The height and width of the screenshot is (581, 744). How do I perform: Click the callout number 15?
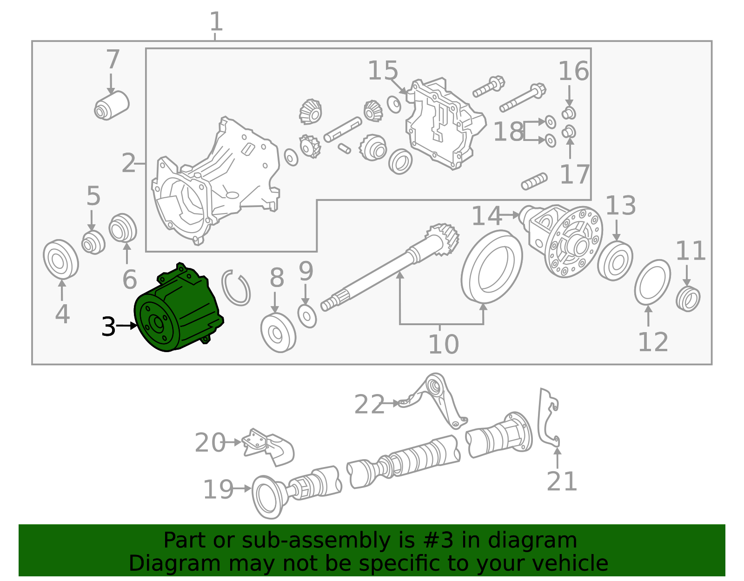click(383, 71)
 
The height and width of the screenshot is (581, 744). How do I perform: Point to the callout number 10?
click(443, 344)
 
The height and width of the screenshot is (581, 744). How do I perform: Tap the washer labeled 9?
click(307, 316)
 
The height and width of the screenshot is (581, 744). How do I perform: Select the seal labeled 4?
click(60, 260)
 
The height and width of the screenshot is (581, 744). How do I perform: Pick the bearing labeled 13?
click(615, 261)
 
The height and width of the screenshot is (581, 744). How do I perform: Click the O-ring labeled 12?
click(652, 282)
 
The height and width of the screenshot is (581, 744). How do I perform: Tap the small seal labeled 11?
click(688, 299)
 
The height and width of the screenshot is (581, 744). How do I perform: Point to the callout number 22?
click(369, 404)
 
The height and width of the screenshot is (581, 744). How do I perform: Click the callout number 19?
click(218, 489)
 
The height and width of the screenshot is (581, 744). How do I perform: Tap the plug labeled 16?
click(569, 113)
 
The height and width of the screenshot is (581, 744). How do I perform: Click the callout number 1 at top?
click(216, 21)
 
